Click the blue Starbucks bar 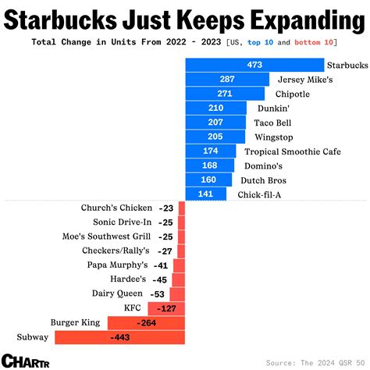tap(254, 66)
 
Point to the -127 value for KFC tap(167, 308)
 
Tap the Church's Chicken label tap(116, 208)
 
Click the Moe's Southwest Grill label tap(106, 237)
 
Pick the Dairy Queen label tap(122, 294)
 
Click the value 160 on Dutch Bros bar tap(208, 180)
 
